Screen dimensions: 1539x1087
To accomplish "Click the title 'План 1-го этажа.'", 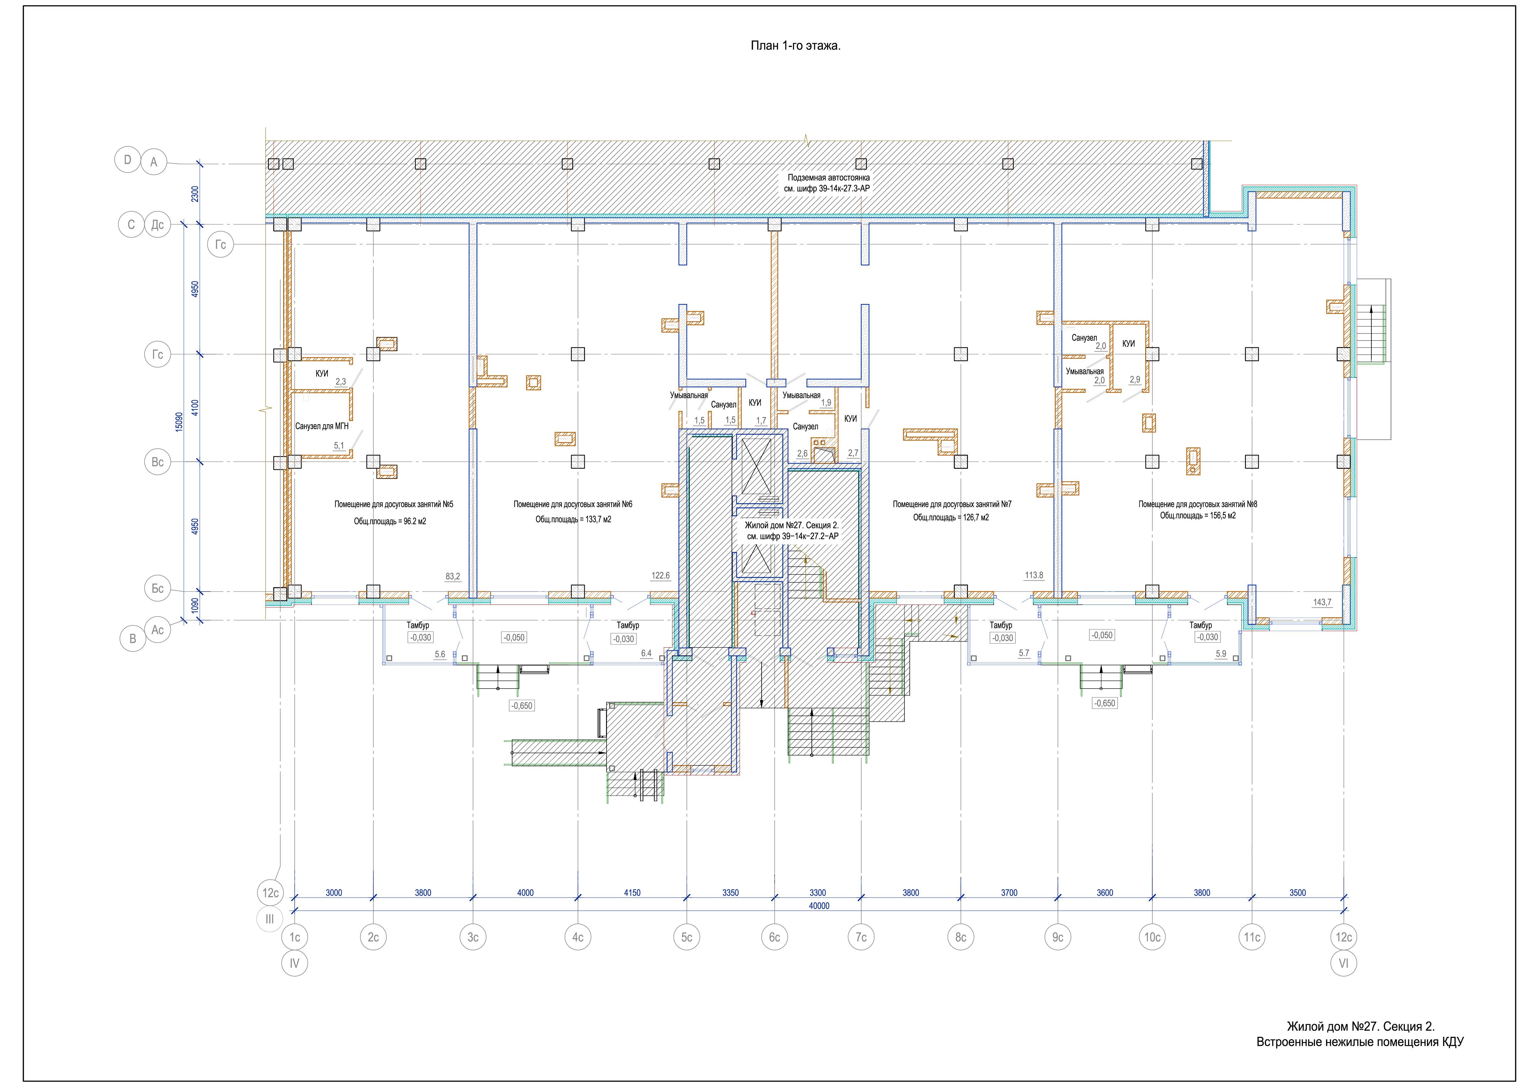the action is point(795,46).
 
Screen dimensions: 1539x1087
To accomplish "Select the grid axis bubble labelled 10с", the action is point(1152,937).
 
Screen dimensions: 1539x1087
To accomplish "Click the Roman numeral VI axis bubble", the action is point(1343,964).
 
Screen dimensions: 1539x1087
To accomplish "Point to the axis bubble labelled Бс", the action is point(157,588).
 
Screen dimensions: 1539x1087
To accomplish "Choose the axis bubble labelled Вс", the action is point(157,462).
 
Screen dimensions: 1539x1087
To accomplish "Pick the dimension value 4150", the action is point(632,893).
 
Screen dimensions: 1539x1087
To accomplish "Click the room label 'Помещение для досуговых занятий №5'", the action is point(394,504).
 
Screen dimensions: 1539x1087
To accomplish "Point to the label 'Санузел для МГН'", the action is point(322,426).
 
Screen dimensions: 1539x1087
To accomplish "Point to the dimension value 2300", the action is point(195,194).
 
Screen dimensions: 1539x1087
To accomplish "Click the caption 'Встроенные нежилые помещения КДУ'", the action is point(1360,1042).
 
